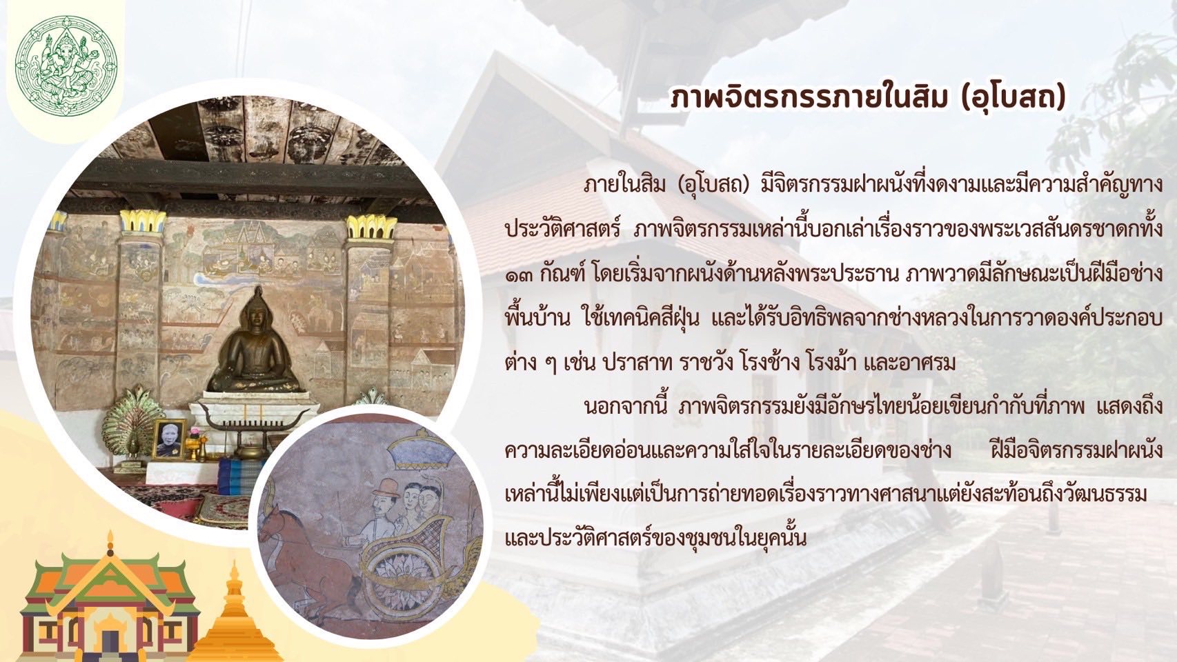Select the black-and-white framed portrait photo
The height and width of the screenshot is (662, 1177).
[x=169, y=439]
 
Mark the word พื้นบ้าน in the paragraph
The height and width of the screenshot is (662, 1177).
[x=537, y=319]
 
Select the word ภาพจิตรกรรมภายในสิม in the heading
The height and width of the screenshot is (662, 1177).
[x=809, y=98]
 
